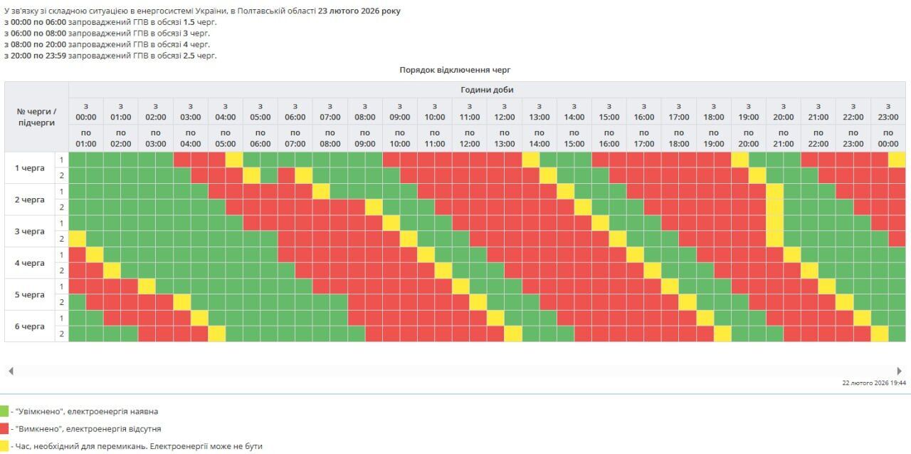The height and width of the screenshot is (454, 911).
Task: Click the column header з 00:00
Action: coord(85,111)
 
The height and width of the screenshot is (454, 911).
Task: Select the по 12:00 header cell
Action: coord(469,138)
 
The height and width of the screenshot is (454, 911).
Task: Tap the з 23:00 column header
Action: coord(888,111)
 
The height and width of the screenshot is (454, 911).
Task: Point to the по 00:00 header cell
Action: coord(888,138)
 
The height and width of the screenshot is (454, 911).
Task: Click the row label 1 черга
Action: coord(30,168)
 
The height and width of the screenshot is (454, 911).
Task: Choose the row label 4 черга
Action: coord(30,263)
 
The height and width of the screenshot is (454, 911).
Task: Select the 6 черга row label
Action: coord(30,326)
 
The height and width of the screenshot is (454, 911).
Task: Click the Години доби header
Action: coord(487,90)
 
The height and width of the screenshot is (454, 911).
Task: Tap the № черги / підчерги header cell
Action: coord(36,117)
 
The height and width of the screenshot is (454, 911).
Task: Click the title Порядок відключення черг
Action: coord(455,70)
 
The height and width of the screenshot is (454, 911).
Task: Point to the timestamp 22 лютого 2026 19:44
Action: coord(874,383)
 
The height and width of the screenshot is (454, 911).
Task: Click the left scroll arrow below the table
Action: coord(11,371)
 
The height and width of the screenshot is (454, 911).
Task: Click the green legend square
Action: coord(4,411)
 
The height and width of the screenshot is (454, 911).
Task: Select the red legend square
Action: coord(4,429)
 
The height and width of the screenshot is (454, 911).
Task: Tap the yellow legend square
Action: coord(4,446)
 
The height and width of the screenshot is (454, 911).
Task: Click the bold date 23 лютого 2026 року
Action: coord(359,11)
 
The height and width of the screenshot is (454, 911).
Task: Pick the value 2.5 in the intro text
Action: coord(189,56)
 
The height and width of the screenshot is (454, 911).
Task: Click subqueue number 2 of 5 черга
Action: coord(62,302)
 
